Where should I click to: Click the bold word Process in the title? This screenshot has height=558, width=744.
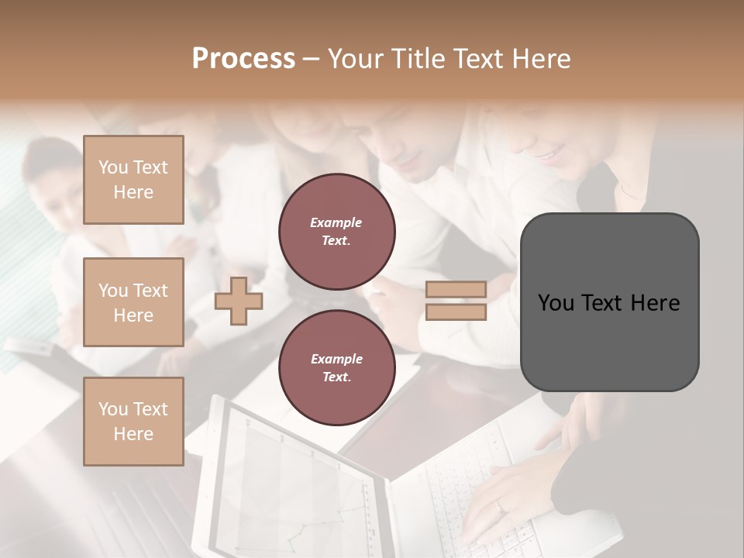pyautogui.click(x=243, y=59)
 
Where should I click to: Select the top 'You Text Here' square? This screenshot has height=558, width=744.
pyautogui.click(x=133, y=180)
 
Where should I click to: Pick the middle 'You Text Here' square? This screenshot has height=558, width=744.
pyautogui.click(x=133, y=302)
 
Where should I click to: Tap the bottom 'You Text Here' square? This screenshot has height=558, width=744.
pyautogui.click(x=133, y=422)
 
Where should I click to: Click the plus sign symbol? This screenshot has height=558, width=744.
pyautogui.click(x=238, y=301)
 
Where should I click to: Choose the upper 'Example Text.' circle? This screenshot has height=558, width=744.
pyautogui.click(x=336, y=232)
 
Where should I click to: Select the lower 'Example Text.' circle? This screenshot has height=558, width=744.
pyautogui.click(x=336, y=368)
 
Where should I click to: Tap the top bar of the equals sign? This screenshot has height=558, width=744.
pyautogui.click(x=456, y=290)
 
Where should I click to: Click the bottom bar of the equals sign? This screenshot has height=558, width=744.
pyautogui.click(x=456, y=312)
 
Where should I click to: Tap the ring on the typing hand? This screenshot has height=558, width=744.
pyautogui.click(x=500, y=506)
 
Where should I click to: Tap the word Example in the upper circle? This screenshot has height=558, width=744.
pyautogui.click(x=336, y=223)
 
